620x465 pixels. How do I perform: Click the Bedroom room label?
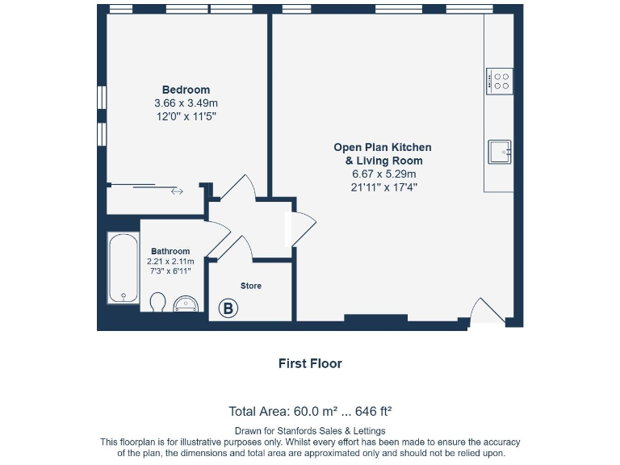coord(186,90)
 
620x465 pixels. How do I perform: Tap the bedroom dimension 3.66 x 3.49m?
coord(186,103)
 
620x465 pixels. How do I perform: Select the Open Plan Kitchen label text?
coord(383,148)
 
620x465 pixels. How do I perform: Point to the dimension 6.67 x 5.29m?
coord(383,174)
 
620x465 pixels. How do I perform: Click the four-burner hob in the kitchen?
coord(500,82)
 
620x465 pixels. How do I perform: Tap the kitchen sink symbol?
coord(500,151)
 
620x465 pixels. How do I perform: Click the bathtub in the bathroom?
coord(123,269)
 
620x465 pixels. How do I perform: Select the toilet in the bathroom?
coord(158,302)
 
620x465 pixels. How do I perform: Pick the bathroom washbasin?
coord(186,304)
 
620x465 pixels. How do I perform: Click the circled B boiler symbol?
coord(228,308)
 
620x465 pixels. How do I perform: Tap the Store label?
coord(251,286)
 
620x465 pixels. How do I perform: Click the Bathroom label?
coord(170,251)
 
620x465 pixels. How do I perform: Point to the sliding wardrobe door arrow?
coord(177,191)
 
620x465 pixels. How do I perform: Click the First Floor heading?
coord(310,363)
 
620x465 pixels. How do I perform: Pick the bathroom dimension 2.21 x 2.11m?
coord(170,262)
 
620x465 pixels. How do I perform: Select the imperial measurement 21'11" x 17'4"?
coord(383,187)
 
